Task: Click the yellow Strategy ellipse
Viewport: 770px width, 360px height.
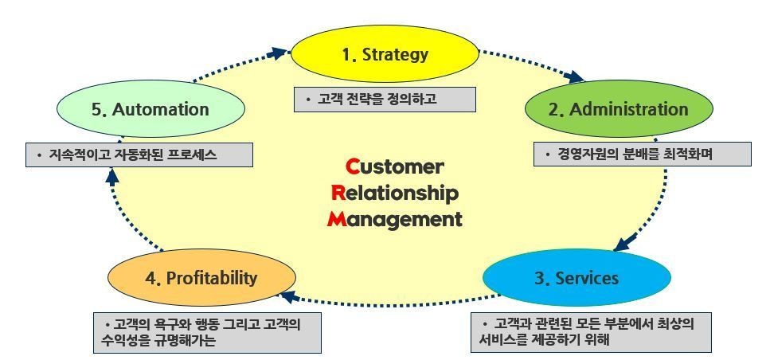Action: (385, 54)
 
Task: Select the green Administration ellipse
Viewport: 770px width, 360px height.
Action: (619, 109)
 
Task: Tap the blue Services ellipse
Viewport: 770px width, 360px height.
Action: (577, 278)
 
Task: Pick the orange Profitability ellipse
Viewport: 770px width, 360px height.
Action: (201, 277)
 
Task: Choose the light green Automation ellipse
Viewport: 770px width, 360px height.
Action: (150, 109)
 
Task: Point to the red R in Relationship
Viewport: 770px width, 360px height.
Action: (339, 193)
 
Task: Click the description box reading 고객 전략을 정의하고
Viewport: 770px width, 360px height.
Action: (385, 100)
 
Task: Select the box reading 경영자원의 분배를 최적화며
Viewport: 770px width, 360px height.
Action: (643, 155)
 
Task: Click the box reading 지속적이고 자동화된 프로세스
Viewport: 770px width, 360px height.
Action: (139, 155)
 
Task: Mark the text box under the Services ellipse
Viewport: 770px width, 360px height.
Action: (591, 332)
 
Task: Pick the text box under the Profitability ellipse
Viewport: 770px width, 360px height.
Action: (207, 333)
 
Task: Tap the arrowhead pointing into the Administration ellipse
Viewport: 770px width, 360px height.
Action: (574, 76)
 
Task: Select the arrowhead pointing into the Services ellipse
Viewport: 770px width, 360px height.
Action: (624, 242)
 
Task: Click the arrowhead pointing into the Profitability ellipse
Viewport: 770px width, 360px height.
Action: (288, 296)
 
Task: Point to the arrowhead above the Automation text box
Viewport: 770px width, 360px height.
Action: (112, 177)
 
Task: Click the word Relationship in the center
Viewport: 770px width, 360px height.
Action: (395, 194)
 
